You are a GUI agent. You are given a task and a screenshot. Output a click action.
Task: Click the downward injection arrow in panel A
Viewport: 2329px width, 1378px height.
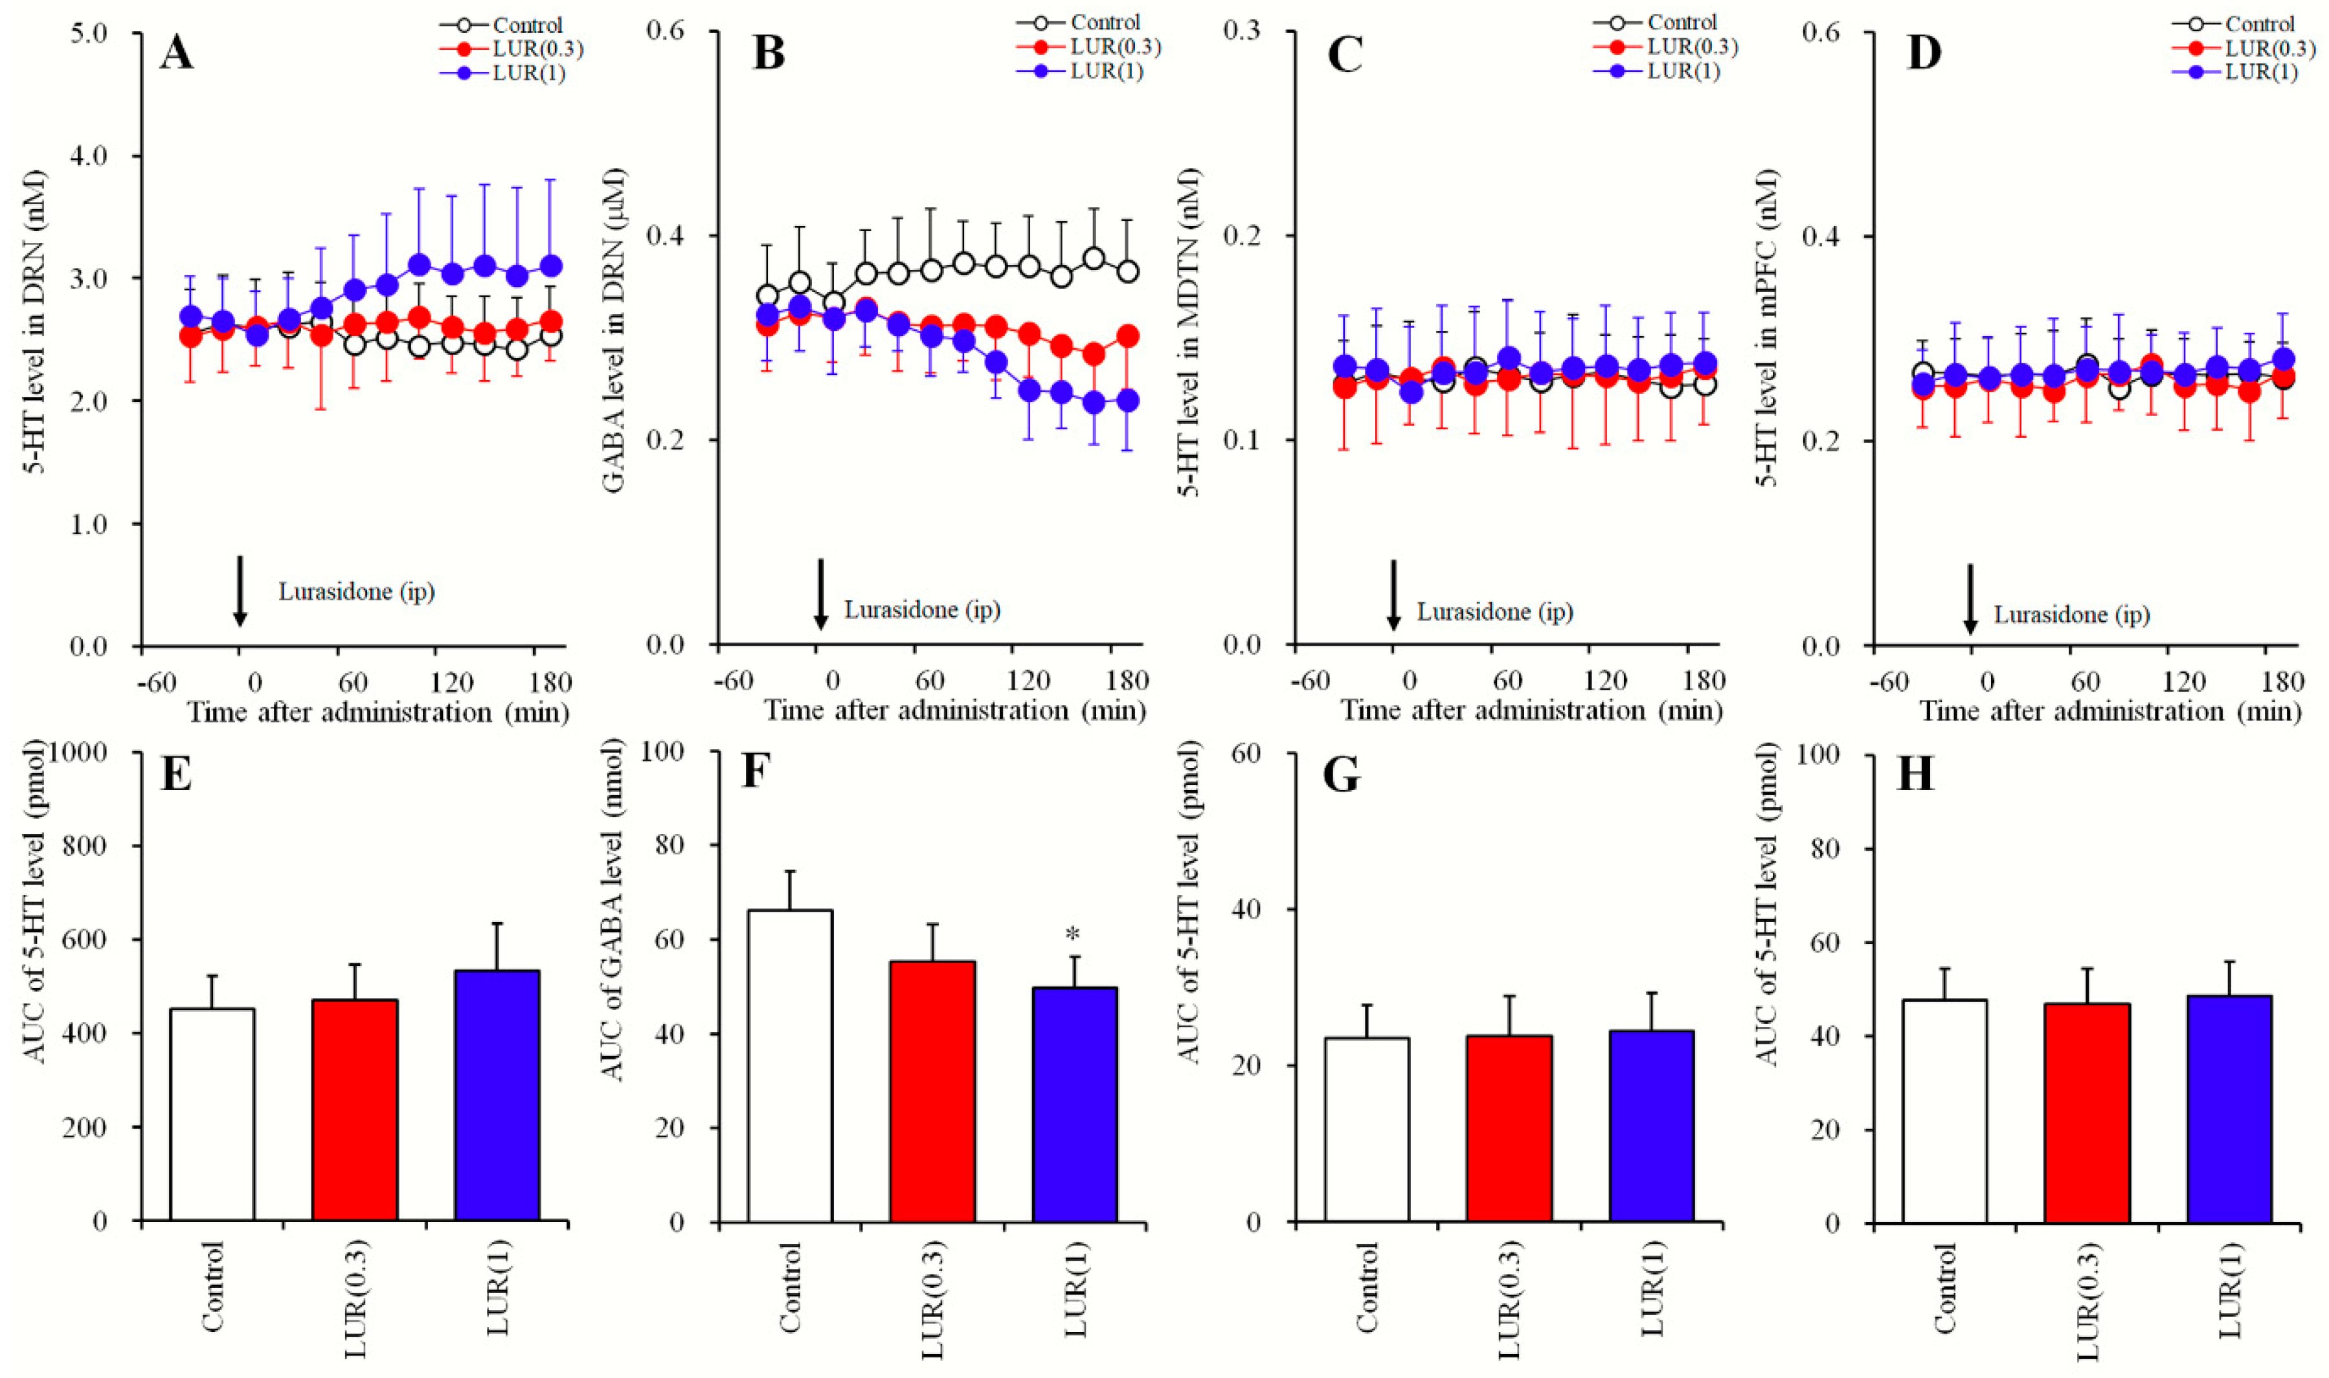point(240,591)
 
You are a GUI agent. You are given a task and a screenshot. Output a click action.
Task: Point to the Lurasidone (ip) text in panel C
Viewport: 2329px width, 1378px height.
point(1494,611)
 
